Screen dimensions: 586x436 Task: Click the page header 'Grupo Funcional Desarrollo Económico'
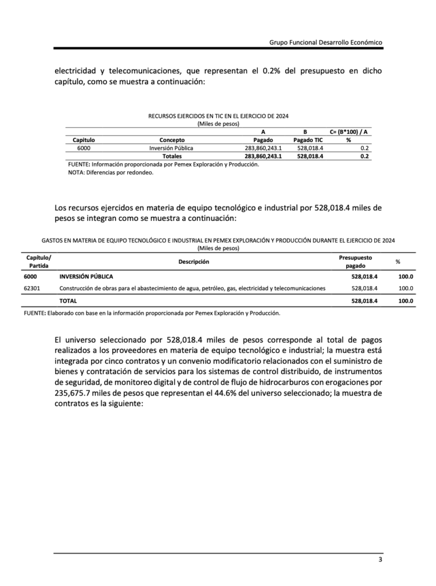(325, 42)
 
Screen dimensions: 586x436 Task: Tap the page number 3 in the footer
(380, 560)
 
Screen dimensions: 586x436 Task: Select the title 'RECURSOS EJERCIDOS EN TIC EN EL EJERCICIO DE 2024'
(218, 116)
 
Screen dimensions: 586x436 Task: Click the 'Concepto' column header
(171, 140)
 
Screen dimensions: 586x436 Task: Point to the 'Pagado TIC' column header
(308, 140)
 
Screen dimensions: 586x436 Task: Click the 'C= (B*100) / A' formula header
(348, 132)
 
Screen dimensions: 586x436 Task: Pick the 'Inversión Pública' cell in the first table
(171, 148)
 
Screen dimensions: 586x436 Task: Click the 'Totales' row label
(172, 156)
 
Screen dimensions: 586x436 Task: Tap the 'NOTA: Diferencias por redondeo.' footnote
(111, 172)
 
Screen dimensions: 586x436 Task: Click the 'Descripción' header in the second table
(193, 262)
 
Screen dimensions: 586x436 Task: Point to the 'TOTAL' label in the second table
(68, 300)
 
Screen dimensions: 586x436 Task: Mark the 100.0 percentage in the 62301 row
(406, 288)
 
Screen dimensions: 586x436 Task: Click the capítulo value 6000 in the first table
(84, 148)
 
